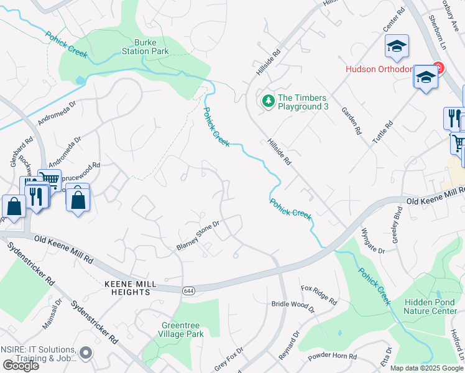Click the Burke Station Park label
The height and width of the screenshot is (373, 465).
tap(145, 47)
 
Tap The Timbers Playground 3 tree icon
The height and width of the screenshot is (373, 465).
tap(268, 100)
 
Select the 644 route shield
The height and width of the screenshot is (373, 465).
tap(188, 290)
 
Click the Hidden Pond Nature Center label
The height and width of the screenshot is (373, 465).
tap(430, 306)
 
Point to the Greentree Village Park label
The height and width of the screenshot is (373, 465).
tap(183, 329)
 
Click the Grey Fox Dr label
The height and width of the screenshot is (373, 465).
tap(228, 359)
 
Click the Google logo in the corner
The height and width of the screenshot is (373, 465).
tap(21, 366)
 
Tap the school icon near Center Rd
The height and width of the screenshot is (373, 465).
tap(396, 46)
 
